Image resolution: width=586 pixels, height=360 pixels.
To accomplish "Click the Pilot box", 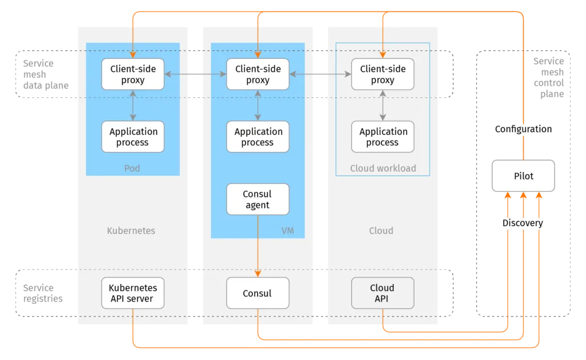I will click(x=523, y=176).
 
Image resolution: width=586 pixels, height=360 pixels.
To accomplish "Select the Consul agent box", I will click(x=258, y=199).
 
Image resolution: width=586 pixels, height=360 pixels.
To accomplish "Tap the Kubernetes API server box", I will click(x=133, y=293).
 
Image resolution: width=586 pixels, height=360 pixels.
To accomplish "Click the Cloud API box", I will click(x=382, y=293).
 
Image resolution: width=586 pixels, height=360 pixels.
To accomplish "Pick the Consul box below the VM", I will click(x=258, y=293).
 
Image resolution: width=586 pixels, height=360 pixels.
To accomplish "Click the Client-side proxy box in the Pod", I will click(x=133, y=74).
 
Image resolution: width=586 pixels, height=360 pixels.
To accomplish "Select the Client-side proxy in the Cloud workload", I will click(x=382, y=74).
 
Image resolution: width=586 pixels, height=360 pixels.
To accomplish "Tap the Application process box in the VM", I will click(x=258, y=137).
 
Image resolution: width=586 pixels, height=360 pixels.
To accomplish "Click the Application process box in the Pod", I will click(x=133, y=137).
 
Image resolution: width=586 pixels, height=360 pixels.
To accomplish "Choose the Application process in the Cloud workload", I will click(x=382, y=137).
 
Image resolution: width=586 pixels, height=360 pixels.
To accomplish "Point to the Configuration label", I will click(x=523, y=129).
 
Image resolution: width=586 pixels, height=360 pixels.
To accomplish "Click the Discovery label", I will click(x=522, y=223).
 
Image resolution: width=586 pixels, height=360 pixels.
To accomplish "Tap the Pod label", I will click(x=132, y=168).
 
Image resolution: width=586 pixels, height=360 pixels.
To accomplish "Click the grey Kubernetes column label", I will click(x=131, y=231).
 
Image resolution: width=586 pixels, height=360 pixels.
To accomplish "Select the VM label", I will click(x=287, y=231).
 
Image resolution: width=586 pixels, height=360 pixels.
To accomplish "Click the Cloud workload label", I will click(x=383, y=168).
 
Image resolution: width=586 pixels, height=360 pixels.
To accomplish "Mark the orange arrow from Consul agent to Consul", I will click(x=258, y=246).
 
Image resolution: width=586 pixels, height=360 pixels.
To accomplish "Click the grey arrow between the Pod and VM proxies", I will click(x=195, y=74).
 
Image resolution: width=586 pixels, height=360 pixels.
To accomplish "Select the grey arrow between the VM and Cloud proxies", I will click(x=320, y=74).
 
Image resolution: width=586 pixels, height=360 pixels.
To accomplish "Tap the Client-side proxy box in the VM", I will click(x=258, y=74).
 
